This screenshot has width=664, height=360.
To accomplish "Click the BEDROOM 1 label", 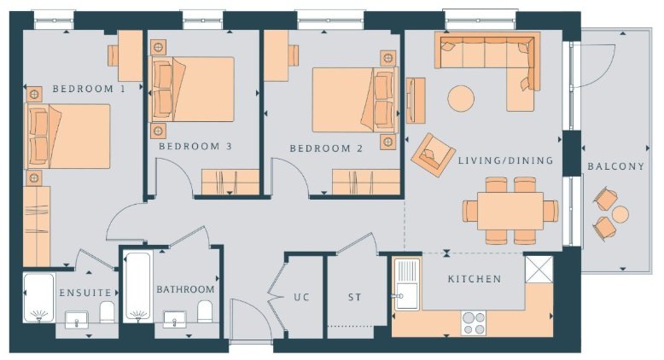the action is (89, 89).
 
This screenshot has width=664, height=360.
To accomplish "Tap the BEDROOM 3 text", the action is (195, 147).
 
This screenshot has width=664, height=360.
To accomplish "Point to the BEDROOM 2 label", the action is (326, 148).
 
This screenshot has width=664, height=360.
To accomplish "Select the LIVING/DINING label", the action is (505, 160).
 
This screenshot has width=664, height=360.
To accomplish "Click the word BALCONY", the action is (615, 166).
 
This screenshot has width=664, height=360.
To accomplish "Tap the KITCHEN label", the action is (475, 279).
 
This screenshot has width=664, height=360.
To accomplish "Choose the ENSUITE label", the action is (85, 293).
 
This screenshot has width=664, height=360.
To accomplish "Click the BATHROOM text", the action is (185, 289).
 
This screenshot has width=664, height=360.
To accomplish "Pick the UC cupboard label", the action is (301, 297).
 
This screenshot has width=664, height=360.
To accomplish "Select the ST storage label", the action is (355, 298).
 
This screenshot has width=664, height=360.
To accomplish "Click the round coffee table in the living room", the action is (461, 99).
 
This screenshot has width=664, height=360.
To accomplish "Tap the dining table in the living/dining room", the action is (510, 211).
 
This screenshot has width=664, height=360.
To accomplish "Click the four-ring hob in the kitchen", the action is (474, 323).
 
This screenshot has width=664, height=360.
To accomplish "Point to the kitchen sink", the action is (407, 284).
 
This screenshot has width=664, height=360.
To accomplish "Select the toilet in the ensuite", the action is (108, 311).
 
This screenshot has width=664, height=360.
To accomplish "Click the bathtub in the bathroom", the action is (138, 287).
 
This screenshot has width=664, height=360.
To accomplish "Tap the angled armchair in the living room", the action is (433, 154).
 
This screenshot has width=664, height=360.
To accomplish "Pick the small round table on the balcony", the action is (620, 214).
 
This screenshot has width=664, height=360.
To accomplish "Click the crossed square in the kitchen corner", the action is (539, 269).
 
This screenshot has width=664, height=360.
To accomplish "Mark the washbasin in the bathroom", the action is (174, 319).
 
